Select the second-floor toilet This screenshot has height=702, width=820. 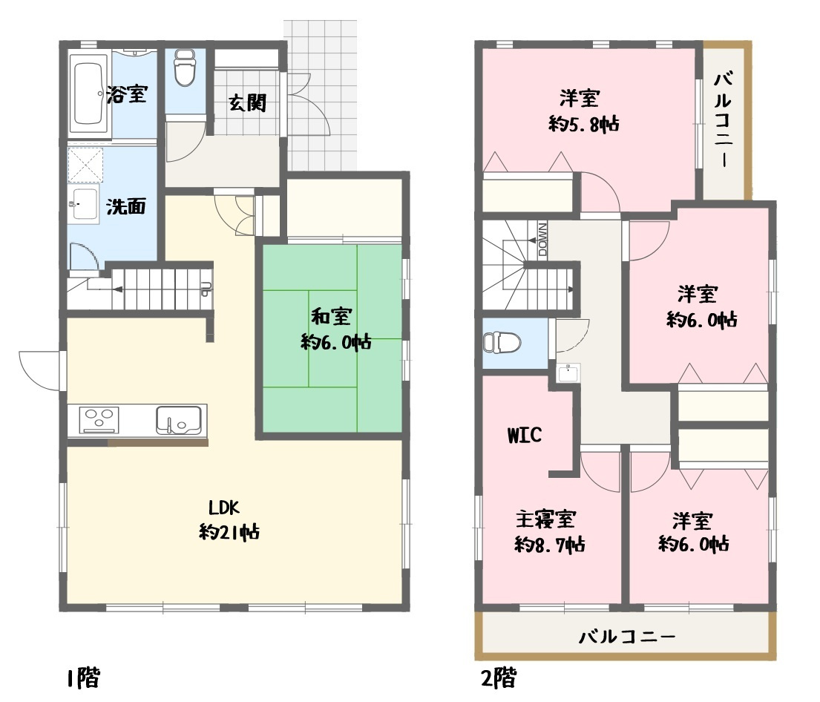tap(502, 343)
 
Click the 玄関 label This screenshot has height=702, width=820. tap(246, 103)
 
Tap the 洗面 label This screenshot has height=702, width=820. tap(125, 206)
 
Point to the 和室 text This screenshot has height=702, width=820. tap(331, 318)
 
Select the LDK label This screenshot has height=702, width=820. tap(223, 508)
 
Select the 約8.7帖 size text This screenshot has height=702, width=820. tap(550, 545)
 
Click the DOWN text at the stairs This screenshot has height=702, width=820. tap(542, 239)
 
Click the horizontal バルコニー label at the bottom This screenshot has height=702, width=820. tap(627, 637)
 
